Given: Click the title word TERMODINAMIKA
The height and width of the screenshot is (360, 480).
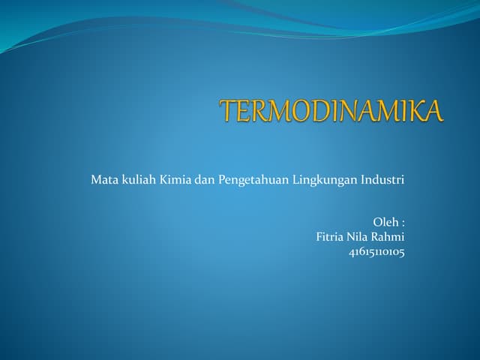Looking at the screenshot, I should [x=332, y=112].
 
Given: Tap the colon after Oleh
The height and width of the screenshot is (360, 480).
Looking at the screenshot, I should [x=403, y=223].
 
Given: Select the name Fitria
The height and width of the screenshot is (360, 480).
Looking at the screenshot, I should [x=332, y=237].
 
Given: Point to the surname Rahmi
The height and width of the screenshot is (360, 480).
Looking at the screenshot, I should [x=390, y=237].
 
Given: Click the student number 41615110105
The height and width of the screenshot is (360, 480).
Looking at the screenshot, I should [x=376, y=252].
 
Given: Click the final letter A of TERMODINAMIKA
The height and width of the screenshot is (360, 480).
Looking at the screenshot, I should [x=433, y=112].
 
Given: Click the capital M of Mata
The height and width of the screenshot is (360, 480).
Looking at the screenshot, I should [x=95, y=180].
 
